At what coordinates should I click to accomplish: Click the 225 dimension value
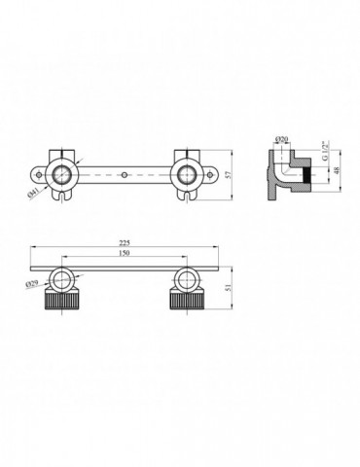[126, 240]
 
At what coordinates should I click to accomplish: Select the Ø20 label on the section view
[280, 141]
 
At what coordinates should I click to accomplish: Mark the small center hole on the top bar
[126, 177]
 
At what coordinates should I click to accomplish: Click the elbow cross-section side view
[282, 173]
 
